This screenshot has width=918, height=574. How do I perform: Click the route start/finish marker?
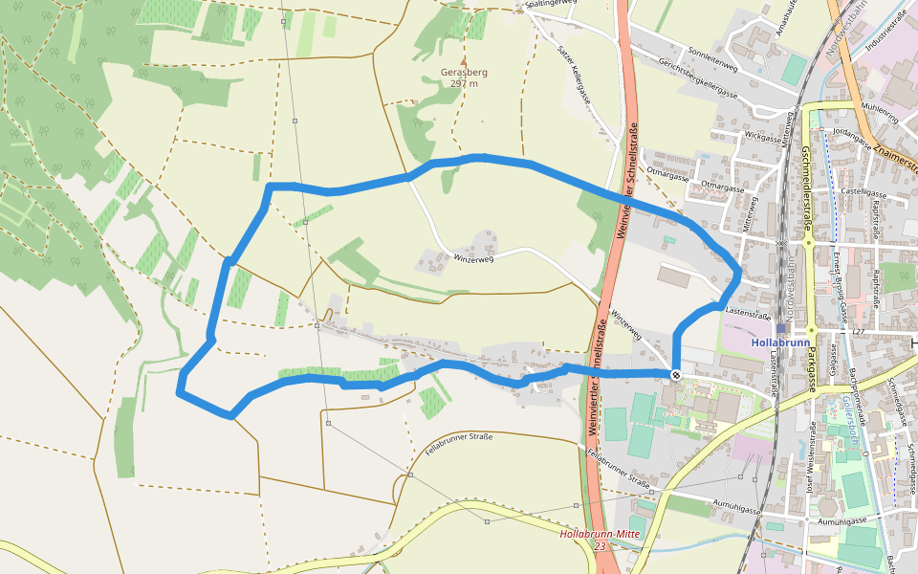tap(676, 374)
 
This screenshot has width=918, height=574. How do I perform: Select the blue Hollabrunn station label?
tap(780, 342)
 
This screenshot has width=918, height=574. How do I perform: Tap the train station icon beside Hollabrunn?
tap(780, 328)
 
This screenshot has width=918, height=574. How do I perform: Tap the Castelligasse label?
tap(864, 192)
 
